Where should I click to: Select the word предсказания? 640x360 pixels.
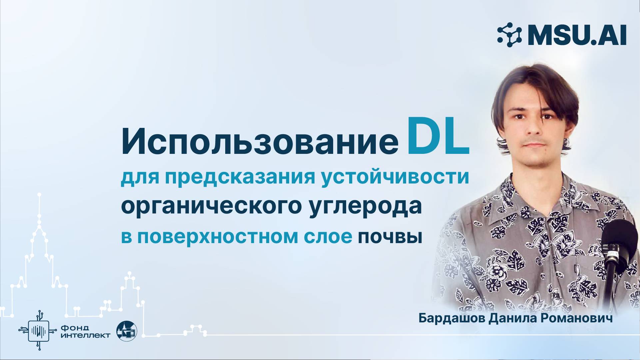click(x=240, y=177)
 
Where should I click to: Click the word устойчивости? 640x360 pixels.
click(x=395, y=177)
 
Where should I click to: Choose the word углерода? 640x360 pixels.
click(x=365, y=206)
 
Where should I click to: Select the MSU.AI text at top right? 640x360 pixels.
click(x=577, y=35)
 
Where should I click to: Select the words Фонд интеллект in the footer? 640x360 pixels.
click(x=85, y=331)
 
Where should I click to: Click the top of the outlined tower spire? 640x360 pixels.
click(x=39, y=194)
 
